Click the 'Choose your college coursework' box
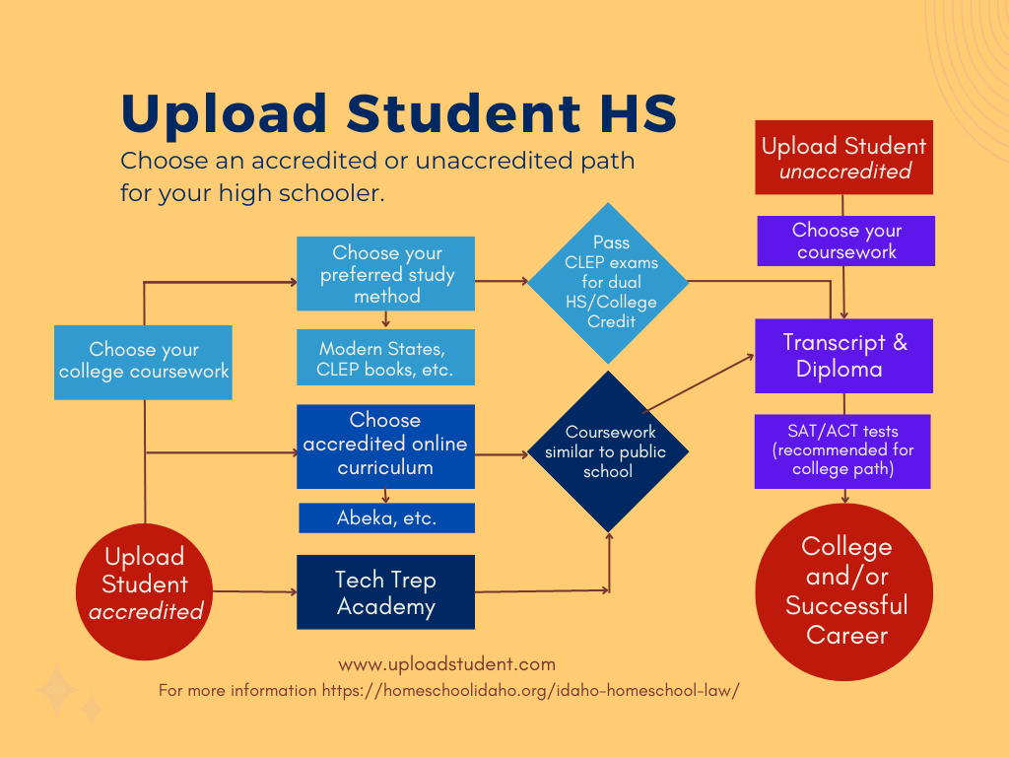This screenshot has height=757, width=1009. coord(143,362)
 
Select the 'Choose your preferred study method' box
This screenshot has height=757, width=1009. coord(385,274)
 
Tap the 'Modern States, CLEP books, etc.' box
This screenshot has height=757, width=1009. coord(385,358)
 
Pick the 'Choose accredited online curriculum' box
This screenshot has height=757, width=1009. coord(385,445)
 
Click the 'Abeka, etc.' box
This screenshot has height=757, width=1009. coord(385,517)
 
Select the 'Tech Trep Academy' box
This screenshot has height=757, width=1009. coord(385,592)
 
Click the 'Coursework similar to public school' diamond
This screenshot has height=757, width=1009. coord(608,451)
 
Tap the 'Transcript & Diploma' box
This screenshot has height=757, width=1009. coord(844,356)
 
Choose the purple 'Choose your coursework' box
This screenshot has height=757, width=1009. coord(845,241)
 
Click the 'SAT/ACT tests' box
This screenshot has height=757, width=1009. coord(842,450)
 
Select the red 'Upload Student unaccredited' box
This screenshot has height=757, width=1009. coord(843,158)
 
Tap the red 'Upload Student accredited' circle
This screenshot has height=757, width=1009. coord(145,585)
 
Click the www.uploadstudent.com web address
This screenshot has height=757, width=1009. coord(446,663)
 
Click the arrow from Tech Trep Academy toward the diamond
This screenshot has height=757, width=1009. coord(542,591)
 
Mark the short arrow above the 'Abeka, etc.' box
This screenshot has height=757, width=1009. coord(385,496)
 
